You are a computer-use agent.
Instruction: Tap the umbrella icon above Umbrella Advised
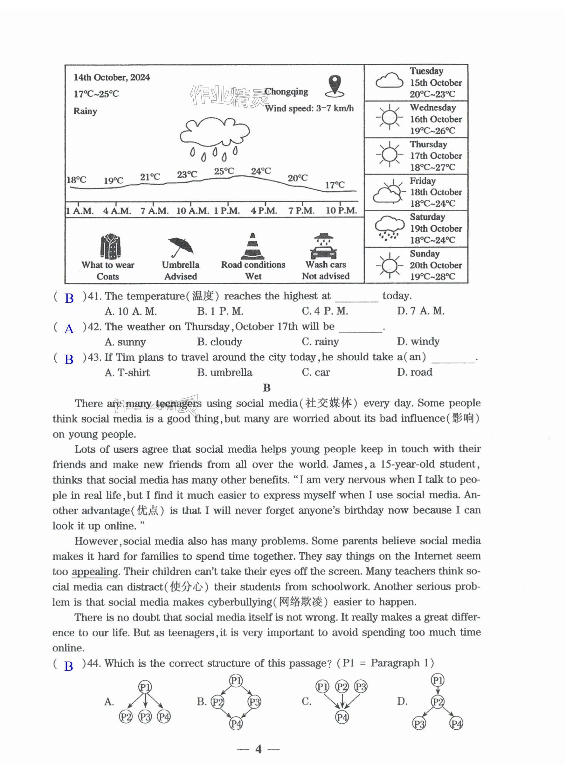[x=180, y=247]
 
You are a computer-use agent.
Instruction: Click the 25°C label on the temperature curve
[x=224, y=171]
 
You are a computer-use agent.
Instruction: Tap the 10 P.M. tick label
[x=341, y=211]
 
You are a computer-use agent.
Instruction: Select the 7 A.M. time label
[x=154, y=211]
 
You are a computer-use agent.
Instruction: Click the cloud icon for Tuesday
[x=389, y=81]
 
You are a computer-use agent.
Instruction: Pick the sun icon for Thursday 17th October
[x=389, y=154]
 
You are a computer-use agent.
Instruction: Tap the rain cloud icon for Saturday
[x=389, y=228]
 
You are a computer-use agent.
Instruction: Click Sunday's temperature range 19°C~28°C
[x=432, y=277]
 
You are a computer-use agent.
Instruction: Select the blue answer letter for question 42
[x=69, y=329]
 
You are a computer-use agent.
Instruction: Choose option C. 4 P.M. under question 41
[x=325, y=311]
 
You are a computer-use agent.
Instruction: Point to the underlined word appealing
[x=95, y=572]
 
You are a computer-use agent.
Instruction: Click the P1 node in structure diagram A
[x=145, y=687]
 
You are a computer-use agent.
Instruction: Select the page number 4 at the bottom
[x=258, y=749]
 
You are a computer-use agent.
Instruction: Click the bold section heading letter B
[x=266, y=388]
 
